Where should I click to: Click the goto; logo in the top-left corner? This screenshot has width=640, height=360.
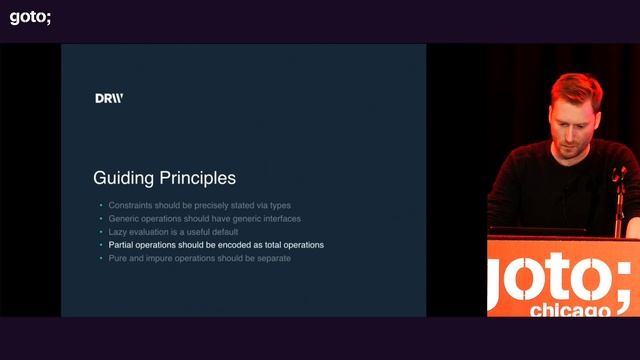click(x=30, y=16)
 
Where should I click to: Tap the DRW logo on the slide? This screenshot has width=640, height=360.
click(x=109, y=98)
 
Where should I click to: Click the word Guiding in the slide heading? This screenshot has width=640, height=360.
click(x=122, y=179)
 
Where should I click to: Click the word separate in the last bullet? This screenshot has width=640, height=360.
click(x=272, y=258)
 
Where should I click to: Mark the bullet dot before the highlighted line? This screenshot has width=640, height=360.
click(x=100, y=245)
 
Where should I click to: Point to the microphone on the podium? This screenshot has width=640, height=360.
click(x=619, y=175)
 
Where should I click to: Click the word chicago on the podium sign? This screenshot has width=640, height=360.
click(x=568, y=310)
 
